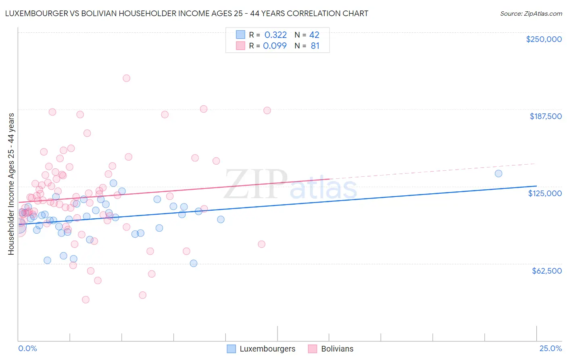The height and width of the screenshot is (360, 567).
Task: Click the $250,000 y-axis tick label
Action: pos(544,39)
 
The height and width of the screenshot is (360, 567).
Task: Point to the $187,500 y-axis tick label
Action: pos(545,116)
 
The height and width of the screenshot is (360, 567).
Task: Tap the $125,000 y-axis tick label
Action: pos(545,193)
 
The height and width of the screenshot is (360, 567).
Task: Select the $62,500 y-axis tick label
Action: pos(546,271)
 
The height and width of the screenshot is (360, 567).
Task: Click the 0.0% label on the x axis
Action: pos(27,348)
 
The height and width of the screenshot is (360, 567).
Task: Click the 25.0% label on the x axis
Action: pos(550,348)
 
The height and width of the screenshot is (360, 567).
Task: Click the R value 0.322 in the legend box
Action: pos(275,35)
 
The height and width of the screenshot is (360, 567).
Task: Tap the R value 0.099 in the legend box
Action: pos(275,46)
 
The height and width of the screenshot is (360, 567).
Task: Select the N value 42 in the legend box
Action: pos(314,35)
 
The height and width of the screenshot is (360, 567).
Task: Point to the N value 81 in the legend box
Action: pos(315,46)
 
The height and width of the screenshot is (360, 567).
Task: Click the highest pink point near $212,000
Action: pos(126,78)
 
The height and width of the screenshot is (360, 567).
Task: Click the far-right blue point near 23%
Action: pos(498,174)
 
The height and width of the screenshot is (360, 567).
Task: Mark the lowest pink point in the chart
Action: pos(85,299)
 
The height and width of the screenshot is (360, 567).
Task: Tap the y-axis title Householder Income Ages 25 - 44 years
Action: pos(11,184)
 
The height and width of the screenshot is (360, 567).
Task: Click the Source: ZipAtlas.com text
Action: pos(531,13)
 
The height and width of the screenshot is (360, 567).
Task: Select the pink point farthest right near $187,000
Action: pos(267,110)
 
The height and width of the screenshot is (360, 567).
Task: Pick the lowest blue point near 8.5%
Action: pos(194,263)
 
